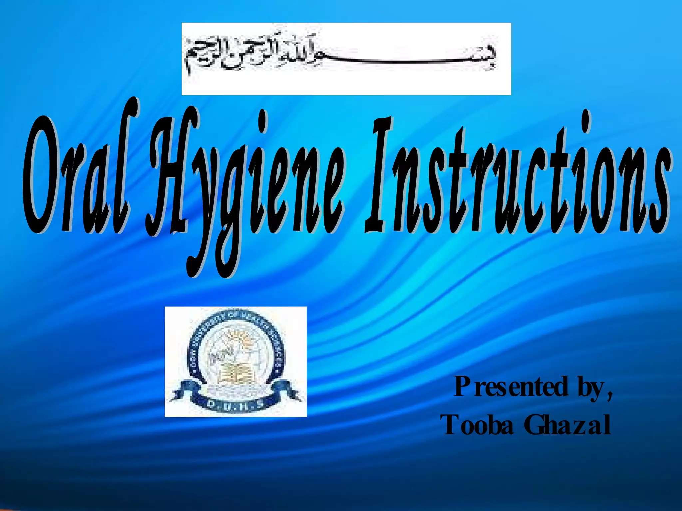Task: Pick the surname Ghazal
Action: [568, 425]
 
